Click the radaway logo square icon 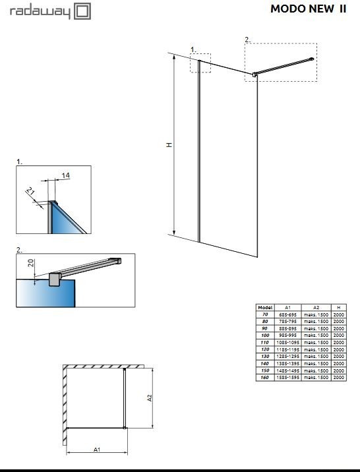click(x=82, y=11)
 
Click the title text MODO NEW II click(x=308, y=9)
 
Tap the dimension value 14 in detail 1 click(x=65, y=175)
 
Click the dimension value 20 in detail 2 click(x=30, y=262)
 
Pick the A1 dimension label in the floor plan click(x=96, y=450)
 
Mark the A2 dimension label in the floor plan click(x=150, y=398)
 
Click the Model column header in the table click(x=265, y=308)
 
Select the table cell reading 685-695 click(x=287, y=315)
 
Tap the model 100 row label click(x=265, y=336)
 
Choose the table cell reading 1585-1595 click(x=287, y=377)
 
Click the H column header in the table click(x=338, y=308)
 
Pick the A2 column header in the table click(x=316, y=308)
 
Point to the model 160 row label click(x=265, y=377)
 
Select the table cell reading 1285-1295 click(x=287, y=357)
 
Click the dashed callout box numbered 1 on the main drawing click(x=200, y=63)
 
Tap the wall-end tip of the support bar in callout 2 click(x=312, y=60)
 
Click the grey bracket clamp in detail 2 click(x=53, y=280)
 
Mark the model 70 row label click(x=265, y=315)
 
